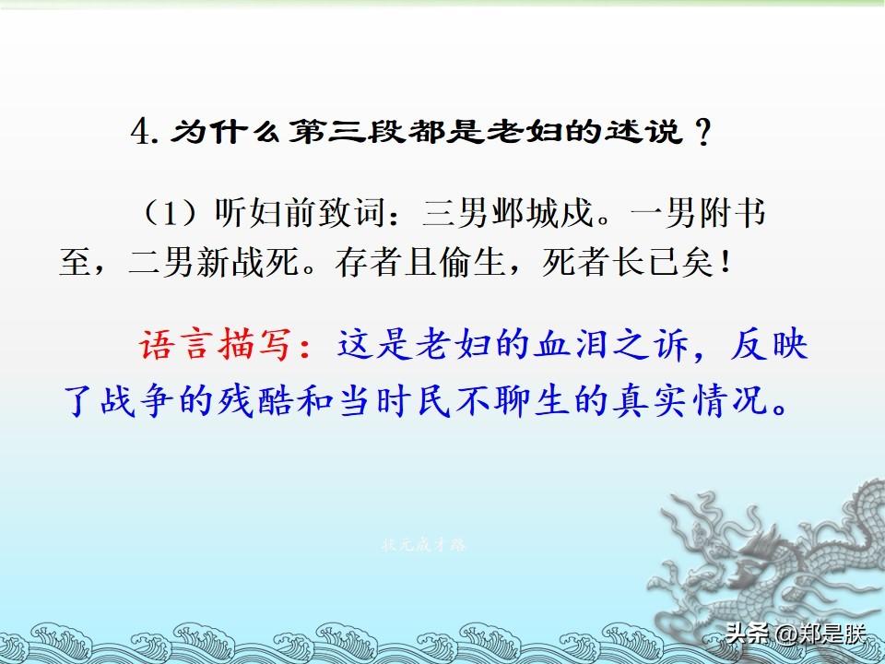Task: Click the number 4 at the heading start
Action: pyautogui.click(x=140, y=133)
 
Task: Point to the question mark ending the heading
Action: pyautogui.click(x=702, y=133)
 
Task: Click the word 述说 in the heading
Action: pyautogui.click(x=643, y=133)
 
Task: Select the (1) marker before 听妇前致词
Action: pyautogui.click(x=170, y=213)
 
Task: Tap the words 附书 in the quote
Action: pyautogui.click(x=733, y=213)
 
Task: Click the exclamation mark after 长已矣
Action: pyautogui.click(x=726, y=263)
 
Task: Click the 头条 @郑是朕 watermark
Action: pyautogui.click(x=796, y=634)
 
